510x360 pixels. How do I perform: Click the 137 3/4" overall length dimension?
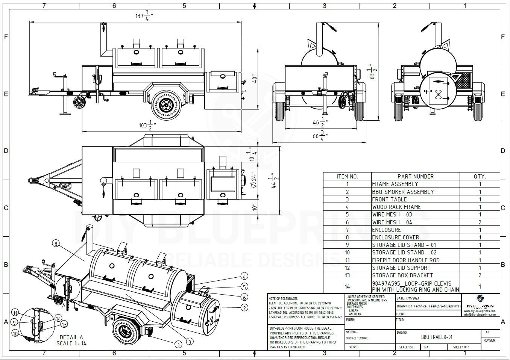click(x=144, y=16)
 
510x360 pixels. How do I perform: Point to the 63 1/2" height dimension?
click(x=373, y=71)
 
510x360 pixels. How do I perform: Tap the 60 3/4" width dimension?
click(x=320, y=136)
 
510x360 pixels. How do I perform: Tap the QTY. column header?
click(x=480, y=176)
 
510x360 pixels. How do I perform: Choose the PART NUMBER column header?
click(x=415, y=176)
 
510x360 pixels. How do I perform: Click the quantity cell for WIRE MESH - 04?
click(x=480, y=222)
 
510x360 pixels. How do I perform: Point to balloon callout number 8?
click(x=56, y=244)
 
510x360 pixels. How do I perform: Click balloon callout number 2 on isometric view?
click(x=245, y=308)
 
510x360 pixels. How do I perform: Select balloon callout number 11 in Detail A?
click(x=15, y=313)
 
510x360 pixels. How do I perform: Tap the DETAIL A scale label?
click(x=71, y=340)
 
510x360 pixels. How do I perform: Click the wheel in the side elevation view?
click(x=165, y=105)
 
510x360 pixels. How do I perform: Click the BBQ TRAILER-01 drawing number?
click(x=436, y=337)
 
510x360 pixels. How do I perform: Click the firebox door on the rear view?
click(x=438, y=89)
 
